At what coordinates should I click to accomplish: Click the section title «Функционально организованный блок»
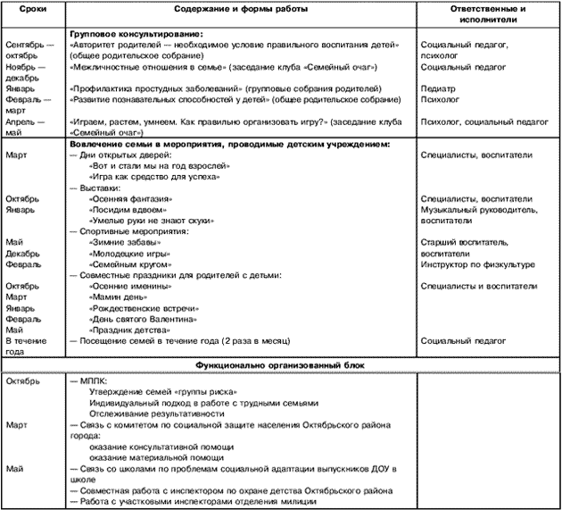281,365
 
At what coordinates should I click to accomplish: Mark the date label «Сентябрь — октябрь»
27,49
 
